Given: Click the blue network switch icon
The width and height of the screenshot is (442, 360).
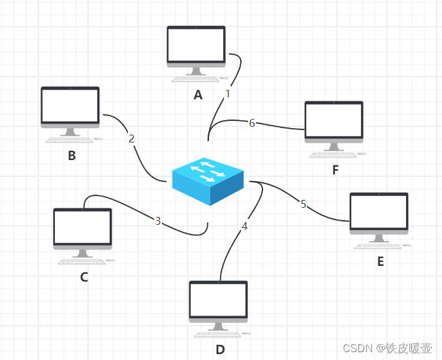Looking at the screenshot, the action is pos(208,182).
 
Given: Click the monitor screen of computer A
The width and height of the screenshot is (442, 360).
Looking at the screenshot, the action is pos(197,44).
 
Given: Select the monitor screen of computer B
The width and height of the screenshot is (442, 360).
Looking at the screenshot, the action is pos(71,106).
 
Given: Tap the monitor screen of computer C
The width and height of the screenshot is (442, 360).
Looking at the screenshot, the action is pos(83,227).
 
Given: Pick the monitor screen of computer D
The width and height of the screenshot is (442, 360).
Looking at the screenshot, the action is pos(219,300).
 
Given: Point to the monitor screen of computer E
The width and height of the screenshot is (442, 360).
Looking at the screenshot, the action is pos(379,211).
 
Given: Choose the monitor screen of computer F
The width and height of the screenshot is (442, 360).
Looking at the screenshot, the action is pos(334,120).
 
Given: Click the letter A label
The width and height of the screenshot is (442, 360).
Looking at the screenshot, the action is pos(198,95).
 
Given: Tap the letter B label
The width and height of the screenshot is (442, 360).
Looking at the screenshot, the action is pos(72,155).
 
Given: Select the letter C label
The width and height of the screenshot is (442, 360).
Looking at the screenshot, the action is pos(84,277).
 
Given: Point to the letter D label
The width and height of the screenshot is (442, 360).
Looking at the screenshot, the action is pos(220,350).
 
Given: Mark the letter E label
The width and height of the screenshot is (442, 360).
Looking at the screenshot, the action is pos(381,261).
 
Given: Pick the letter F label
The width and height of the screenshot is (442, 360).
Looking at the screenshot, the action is pos(336,170).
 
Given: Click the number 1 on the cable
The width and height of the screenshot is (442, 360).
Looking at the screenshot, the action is pos(228,93).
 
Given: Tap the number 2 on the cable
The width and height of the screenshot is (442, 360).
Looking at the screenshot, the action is pos(131,139).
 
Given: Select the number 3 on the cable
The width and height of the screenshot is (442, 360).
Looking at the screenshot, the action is pos(158,221).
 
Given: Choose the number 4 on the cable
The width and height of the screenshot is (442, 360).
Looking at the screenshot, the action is pos(244,226).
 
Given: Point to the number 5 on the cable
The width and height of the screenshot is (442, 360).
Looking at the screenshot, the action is pos(304,204).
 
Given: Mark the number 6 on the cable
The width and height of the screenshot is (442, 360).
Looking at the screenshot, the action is pos(252,123).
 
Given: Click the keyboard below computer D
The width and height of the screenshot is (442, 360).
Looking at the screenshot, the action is pos(217,335).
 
